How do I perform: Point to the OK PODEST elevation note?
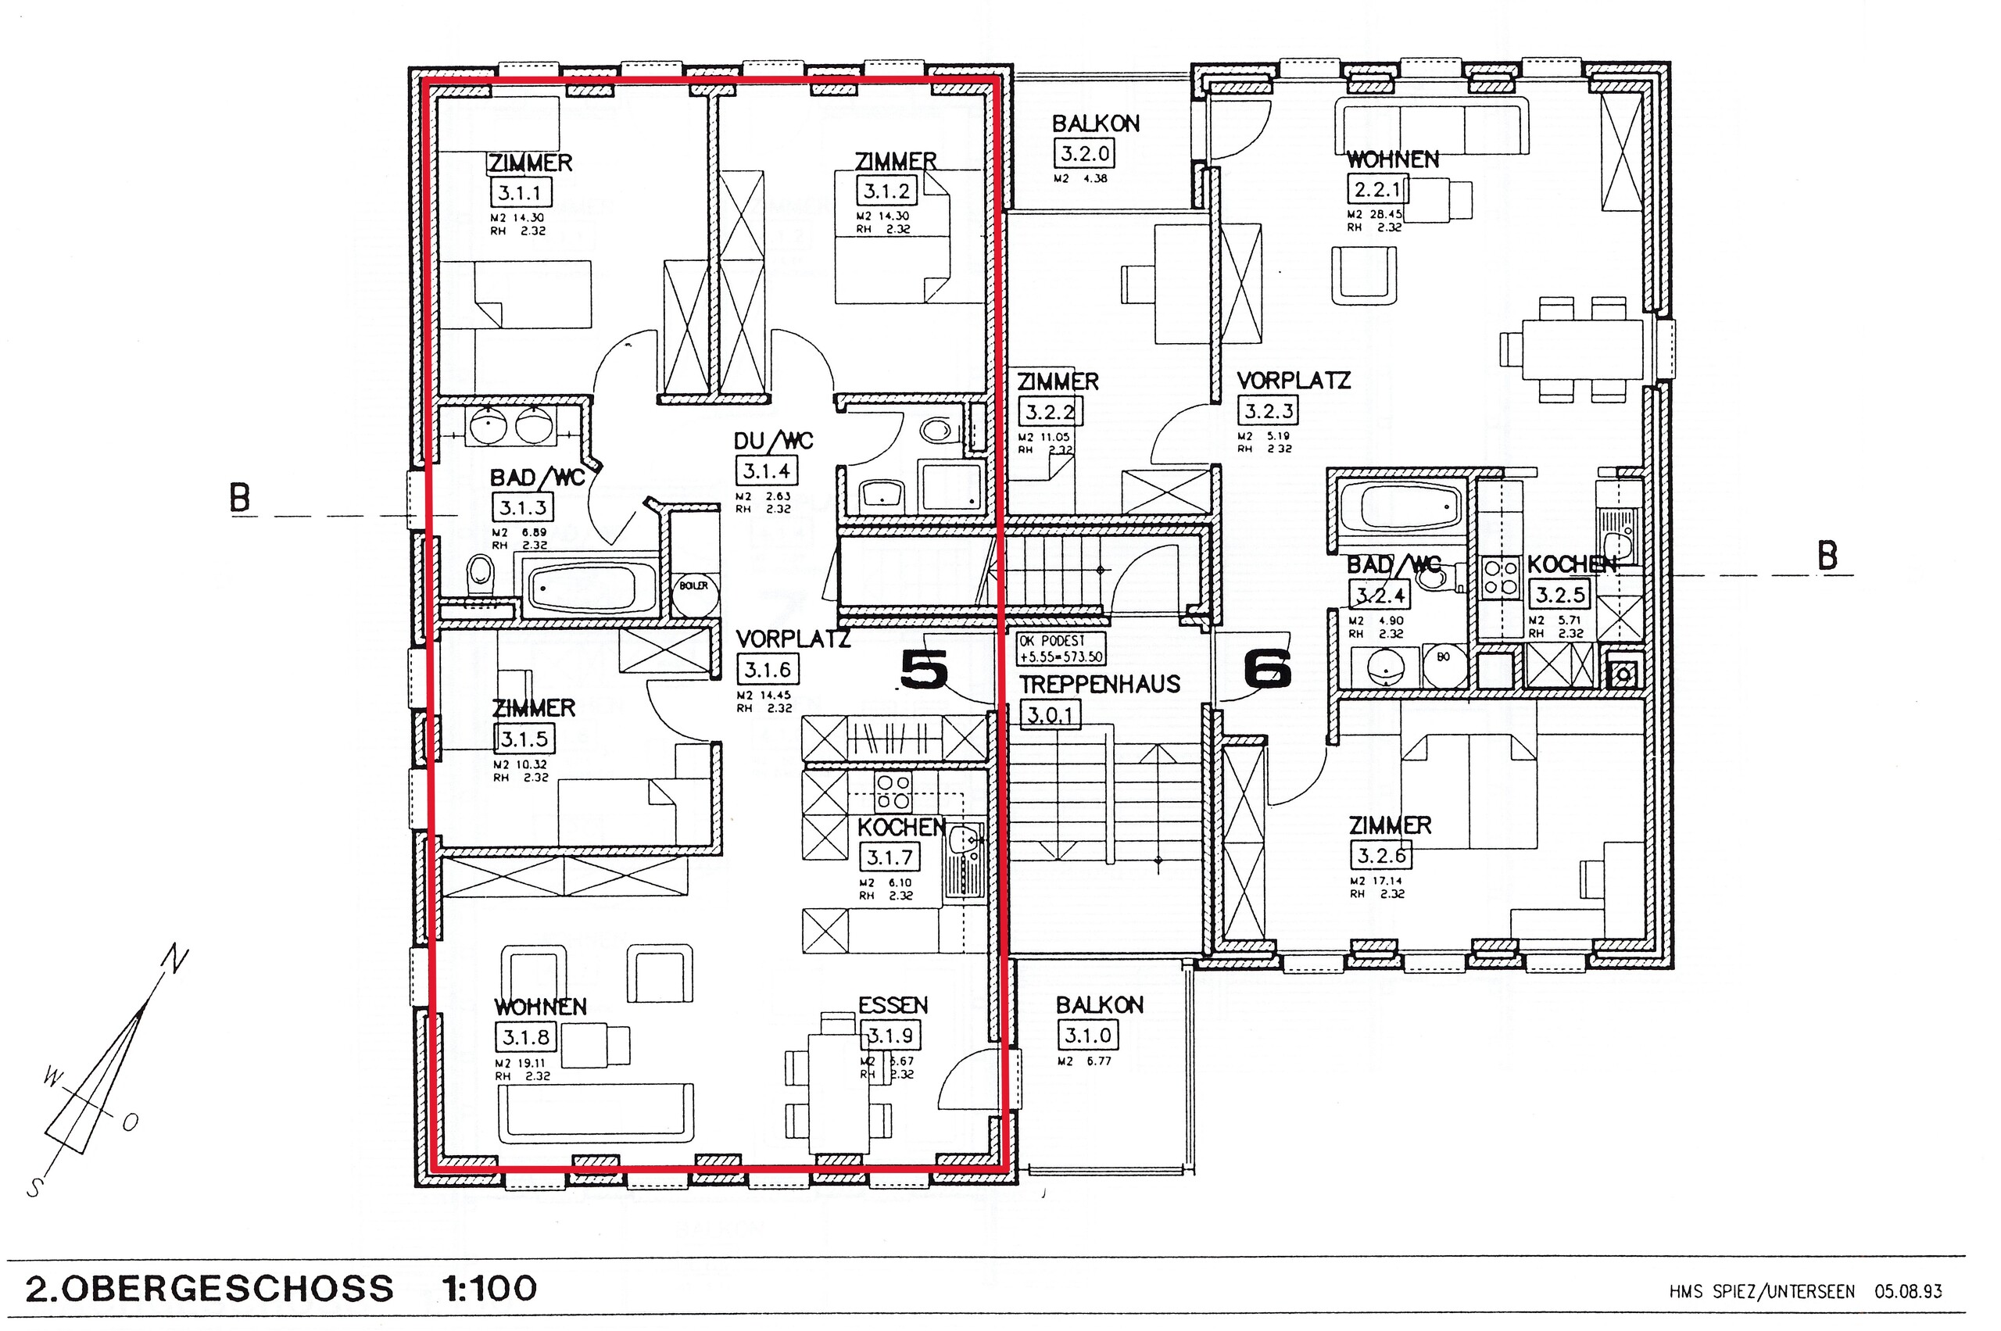click(1061, 649)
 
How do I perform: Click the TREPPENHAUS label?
click(1100, 684)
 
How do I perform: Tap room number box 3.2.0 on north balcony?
click(1084, 154)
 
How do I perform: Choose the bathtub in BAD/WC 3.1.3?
click(582, 586)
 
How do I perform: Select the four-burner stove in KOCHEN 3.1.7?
click(893, 791)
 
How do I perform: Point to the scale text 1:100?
click(490, 1289)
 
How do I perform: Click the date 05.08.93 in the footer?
click(1908, 1292)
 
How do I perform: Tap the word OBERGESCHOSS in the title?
click(227, 1289)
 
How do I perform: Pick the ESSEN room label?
click(893, 1006)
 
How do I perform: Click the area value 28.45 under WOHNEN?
click(1386, 215)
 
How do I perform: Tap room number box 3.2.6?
click(1380, 856)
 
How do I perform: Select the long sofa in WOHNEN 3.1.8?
click(597, 1112)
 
